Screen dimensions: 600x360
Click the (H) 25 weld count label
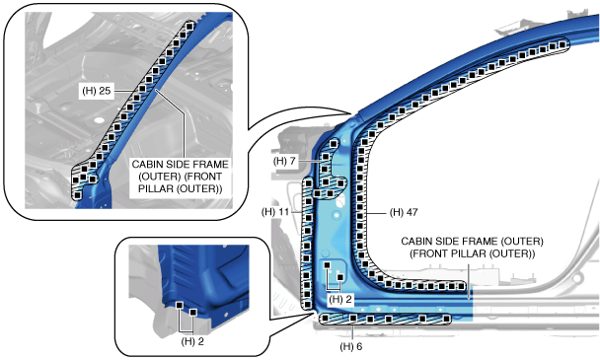tap(97, 91)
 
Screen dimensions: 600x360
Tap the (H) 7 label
tap(284, 161)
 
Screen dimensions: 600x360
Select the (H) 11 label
tap(275, 212)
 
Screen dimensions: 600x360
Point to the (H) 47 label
tap(404, 212)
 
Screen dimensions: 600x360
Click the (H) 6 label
tap(351, 346)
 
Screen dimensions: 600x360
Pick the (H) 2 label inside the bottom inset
tap(192, 341)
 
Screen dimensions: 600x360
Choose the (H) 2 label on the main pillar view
tap(340, 299)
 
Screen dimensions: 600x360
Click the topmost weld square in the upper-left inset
tap(189, 26)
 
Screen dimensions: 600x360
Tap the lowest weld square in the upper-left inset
tap(77, 195)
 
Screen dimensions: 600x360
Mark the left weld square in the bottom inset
tap(179, 305)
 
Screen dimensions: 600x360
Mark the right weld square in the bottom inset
tap(193, 313)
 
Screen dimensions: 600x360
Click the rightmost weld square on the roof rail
tap(562, 44)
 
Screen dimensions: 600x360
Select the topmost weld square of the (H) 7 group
tap(334, 143)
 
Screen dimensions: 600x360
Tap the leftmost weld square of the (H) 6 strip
tap(325, 319)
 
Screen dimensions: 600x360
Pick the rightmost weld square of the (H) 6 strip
tap(446, 319)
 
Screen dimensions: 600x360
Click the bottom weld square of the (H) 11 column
tap(307, 305)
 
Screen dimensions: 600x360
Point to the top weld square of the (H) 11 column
tap(308, 184)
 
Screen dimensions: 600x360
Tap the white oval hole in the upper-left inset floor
tap(99, 120)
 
